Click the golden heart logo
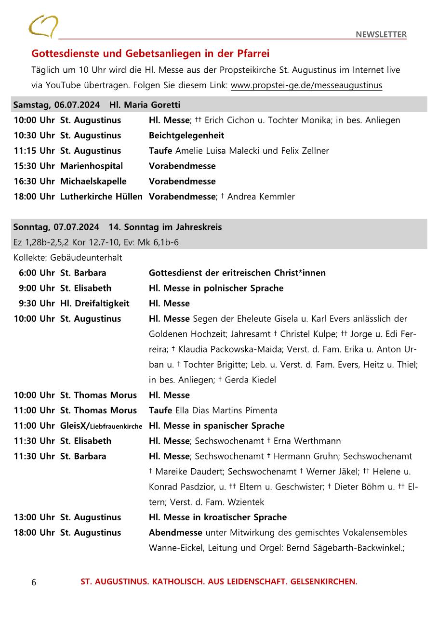tap(43, 26)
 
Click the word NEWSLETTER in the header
tap(381, 34)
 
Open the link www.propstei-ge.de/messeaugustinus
tap(306, 85)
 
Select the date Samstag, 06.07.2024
tap(56, 105)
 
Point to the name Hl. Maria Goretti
tap(145, 105)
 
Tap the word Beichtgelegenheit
tap(186, 135)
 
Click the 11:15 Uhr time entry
tap(34, 151)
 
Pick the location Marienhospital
tap(92, 166)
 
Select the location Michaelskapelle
tap(93, 182)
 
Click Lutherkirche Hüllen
tap(101, 197)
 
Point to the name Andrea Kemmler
tap(261, 197)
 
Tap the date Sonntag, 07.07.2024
tap(56, 227)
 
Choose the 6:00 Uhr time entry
tap(37, 273)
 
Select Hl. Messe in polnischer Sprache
tap(216, 288)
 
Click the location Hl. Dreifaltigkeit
tap(95, 303)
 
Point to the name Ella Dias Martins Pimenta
tap(226, 410)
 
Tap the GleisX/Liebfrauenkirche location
tap(101, 426)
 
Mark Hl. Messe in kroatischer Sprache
tap(217, 517)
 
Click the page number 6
tap(34, 582)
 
